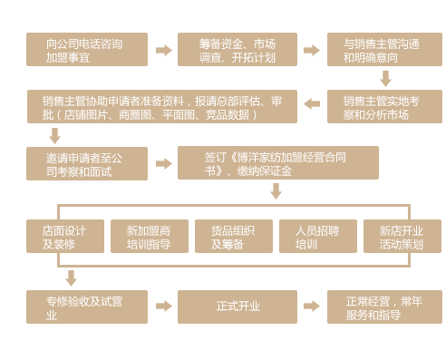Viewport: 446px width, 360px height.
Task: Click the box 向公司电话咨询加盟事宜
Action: coord(87,50)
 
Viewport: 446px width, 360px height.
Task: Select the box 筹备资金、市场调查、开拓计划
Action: coord(237,50)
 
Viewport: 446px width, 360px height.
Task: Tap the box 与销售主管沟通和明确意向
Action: coord(383,50)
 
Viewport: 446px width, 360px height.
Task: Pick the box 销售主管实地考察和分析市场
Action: coord(383,107)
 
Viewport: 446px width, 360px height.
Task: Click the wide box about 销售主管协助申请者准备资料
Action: coord(162,107)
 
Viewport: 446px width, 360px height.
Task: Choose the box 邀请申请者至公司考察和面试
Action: coord(87,163)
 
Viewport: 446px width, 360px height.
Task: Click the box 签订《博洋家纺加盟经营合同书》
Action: coord(277,163)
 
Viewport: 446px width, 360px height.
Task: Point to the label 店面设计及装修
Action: coord(63,237)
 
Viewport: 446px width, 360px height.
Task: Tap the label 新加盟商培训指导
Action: coord(148,237)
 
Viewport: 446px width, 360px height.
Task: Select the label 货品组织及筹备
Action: coord(233,237)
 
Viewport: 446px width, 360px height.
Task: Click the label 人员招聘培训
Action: coord(317,237)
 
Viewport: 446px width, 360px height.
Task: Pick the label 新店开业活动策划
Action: coord(402,237)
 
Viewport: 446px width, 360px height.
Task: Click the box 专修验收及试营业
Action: coord(87,306)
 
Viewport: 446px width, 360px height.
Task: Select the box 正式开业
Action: coord(237,306)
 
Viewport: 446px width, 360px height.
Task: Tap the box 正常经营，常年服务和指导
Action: coord(383,306)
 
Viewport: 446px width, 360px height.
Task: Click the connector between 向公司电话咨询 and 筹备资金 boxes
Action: coord(163,50)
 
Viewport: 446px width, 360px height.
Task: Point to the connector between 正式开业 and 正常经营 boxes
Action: coord(311,306)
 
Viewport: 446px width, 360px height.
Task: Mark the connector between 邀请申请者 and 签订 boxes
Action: coord(163,163)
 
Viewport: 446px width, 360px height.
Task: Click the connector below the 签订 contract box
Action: coord(276,190)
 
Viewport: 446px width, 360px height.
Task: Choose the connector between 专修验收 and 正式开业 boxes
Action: coord(163,306)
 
